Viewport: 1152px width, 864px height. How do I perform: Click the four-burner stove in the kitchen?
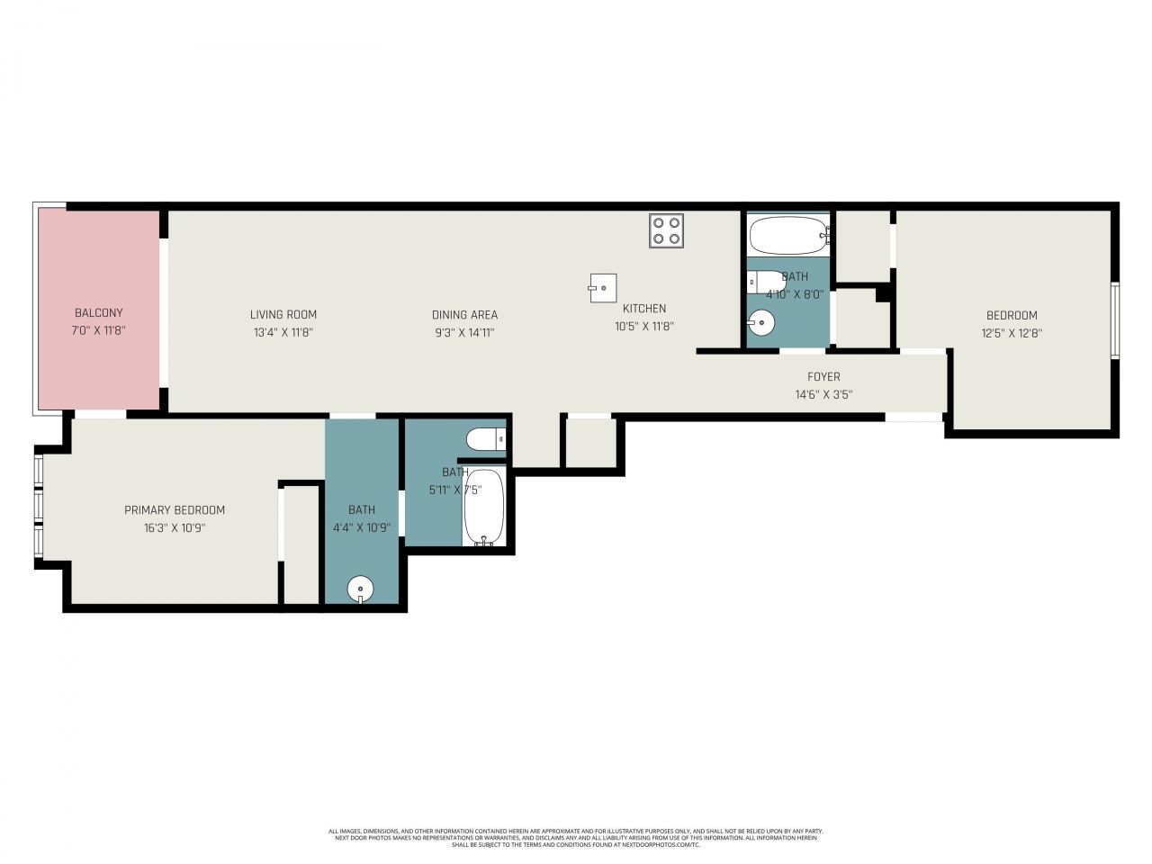point(666,230)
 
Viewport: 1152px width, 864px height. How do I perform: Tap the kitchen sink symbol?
point(603,288)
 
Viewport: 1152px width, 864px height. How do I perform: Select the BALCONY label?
point(98,313)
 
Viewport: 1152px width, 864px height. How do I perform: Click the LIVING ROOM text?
point(283,314)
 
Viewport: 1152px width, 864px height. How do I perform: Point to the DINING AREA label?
point(464,315)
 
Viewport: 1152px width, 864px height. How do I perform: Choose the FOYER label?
point(823,377)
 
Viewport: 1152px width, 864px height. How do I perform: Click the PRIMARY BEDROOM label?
point(175,510)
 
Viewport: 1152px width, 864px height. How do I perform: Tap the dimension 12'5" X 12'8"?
point(1012,332)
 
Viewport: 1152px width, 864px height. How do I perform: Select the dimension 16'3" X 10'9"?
point(175,528)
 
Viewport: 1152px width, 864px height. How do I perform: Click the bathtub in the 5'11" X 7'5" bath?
point(484,506)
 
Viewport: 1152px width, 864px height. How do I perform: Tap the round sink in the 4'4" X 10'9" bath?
point(360,590)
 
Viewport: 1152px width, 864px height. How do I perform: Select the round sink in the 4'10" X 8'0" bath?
point(761,320)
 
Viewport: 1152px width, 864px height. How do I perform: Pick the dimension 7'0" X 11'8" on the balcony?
point(98,330)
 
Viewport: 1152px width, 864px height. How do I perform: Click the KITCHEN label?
point(644,309)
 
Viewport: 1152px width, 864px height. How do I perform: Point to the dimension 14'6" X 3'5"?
point(823,394)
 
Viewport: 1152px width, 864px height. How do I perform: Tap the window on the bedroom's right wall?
point(1114,320)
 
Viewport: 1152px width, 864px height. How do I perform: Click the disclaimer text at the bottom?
point(576,838)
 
